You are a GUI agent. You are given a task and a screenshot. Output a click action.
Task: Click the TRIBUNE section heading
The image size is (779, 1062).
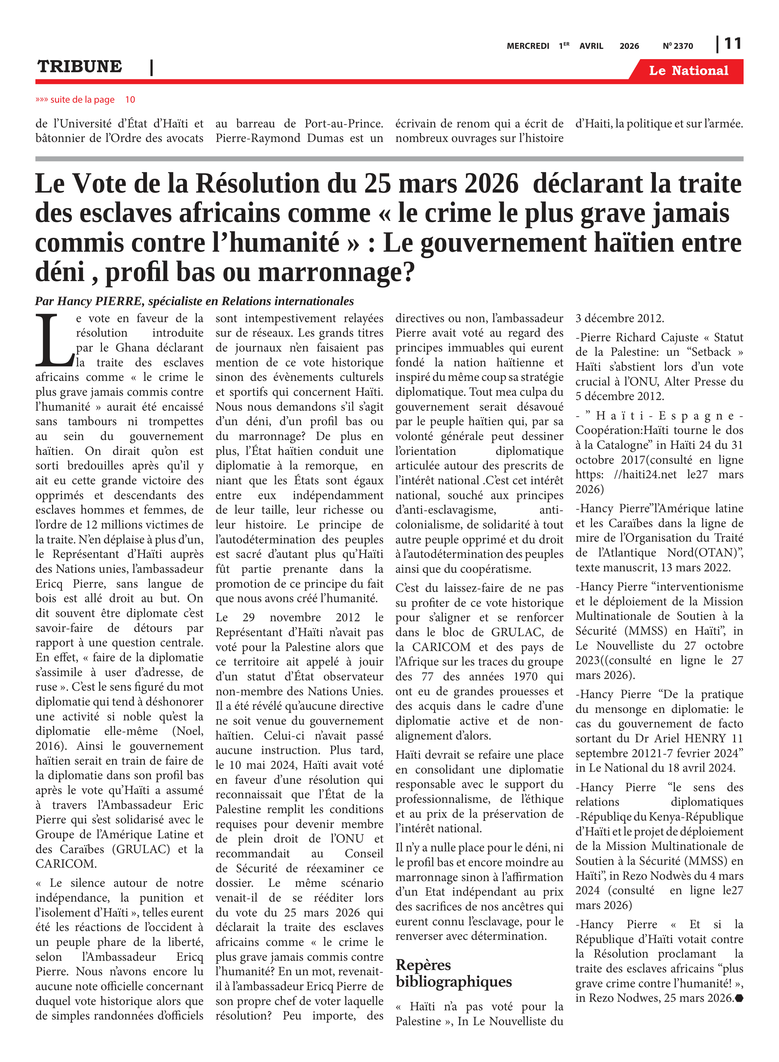(80, 67)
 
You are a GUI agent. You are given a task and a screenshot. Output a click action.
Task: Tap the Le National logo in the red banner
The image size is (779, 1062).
(688, 71)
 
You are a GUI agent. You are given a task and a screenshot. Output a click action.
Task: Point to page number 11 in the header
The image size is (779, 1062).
(732, 44)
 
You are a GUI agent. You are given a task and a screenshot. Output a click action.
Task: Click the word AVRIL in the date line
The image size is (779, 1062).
(591, 46)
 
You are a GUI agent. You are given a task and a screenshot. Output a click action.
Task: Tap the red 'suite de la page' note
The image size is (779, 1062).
(85, 100)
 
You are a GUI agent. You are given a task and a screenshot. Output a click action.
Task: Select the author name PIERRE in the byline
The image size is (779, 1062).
(119, 301)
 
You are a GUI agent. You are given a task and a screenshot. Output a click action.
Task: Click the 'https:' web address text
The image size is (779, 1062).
(590, 475)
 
